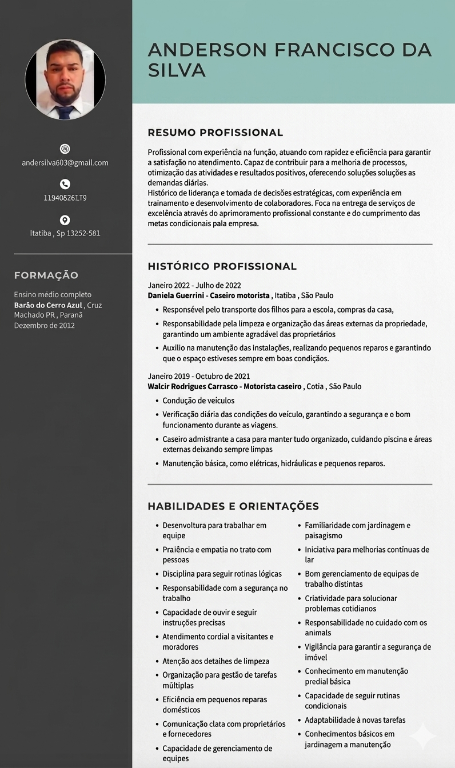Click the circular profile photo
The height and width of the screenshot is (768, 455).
coord(65,79)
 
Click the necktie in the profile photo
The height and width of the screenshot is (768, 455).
coord(65,112)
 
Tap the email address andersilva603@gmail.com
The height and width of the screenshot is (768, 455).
coord(65,163)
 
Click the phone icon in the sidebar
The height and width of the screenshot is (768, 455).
coord(65,184)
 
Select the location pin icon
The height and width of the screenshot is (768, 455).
coord(65,220)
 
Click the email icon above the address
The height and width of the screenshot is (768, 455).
coord(65,149)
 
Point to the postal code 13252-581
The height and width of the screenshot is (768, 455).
coord(83,233)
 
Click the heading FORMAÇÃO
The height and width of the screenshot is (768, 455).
coord(46,275)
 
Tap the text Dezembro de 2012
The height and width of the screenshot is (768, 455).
coord(44,326)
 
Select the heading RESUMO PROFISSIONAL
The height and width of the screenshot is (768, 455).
coord(215,133)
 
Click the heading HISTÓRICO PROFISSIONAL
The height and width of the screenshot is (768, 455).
coord(222,266)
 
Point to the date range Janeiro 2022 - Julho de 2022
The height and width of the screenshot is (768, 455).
coord(194,285)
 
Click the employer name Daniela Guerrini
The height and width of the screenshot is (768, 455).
coord(176,295)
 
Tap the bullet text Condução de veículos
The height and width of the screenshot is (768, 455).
coord(198,401)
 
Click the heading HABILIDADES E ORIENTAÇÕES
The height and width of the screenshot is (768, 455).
coord(233,506)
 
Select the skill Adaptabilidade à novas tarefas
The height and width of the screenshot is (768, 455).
coord(355,720)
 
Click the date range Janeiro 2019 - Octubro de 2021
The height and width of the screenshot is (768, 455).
coord(199,376)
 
